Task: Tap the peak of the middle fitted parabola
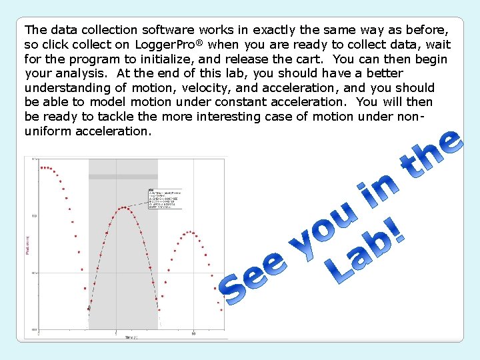pos(124,207)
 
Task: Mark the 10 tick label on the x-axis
pos(193,333)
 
